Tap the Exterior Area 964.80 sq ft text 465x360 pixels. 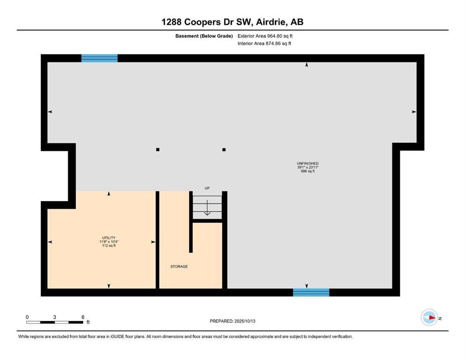[x=265, y=36]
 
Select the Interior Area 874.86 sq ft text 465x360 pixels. [x=264, y=43]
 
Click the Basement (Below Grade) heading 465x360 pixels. [x=204, y=36]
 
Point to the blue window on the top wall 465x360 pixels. [x=99, y=58]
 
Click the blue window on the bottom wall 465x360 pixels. [x=311, y=292]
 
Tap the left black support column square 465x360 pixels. [x=158, y=150]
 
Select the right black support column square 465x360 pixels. [x=224, y=150]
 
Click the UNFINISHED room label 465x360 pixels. [x=308, y=163]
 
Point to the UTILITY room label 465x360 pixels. [x=109, y=238]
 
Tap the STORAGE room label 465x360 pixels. [x=179, y=267]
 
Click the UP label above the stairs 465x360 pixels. [x=207, y=188]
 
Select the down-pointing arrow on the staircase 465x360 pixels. [x=207, y=208]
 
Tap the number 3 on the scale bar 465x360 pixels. [x=55, y=317]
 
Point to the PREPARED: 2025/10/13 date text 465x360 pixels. [x=232, y=321]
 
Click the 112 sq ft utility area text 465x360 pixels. [x=109, y=246]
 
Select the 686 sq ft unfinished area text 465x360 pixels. [x=308, y=171]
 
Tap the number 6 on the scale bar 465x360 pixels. [x=83, y=317]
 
